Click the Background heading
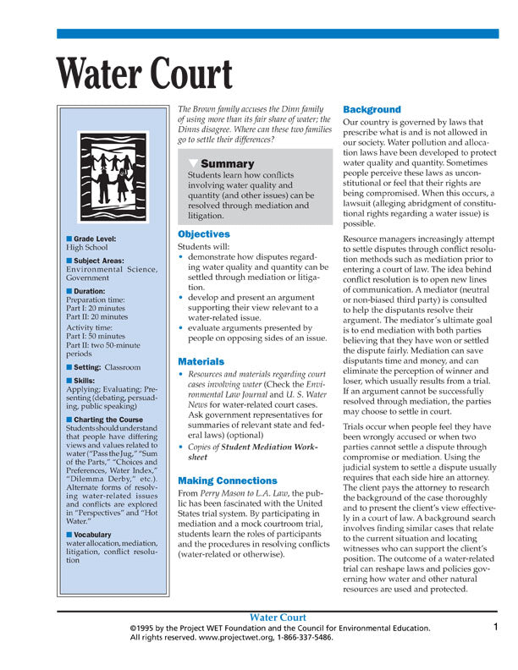click(372, 110)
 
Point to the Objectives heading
click(203, 233)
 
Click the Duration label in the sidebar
click(93, 290)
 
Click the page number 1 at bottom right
click(496, 627)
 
